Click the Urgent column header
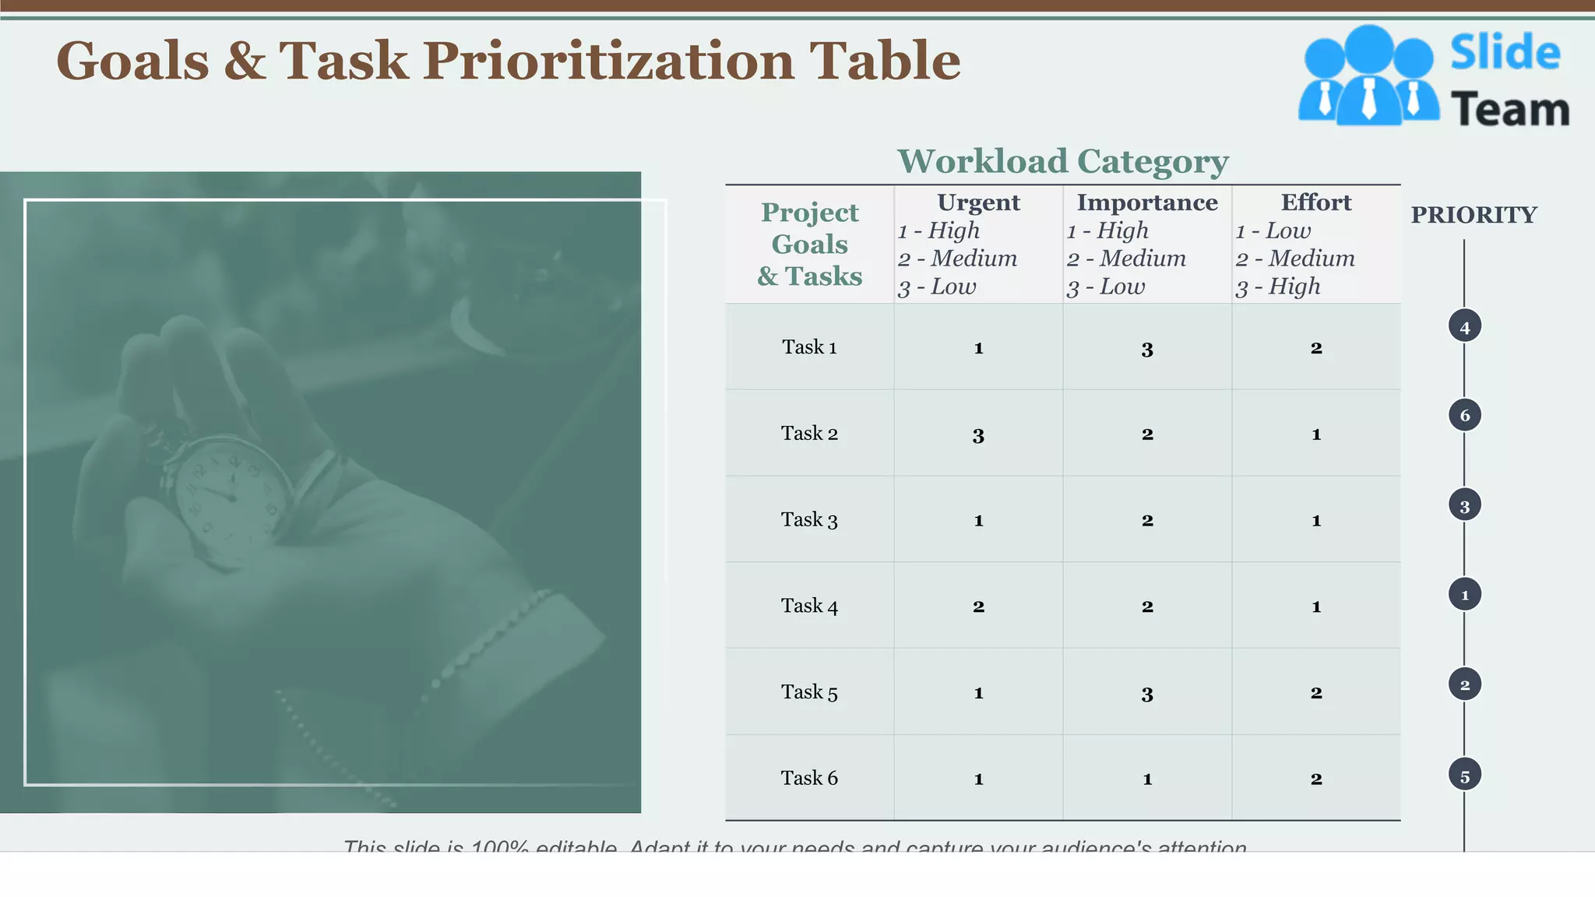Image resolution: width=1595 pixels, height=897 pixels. click(978, 202)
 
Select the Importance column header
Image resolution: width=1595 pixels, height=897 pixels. click(1146, 202)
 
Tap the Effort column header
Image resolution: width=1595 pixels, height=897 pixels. click(1315, 202)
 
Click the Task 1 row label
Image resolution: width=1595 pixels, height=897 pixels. click(809, 347)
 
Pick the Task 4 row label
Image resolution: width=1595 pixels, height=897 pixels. click(809, 606)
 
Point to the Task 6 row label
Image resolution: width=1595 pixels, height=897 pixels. click(809, 778)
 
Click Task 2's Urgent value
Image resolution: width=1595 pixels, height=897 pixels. click(978, 435)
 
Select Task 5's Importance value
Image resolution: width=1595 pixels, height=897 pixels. click(1146, 694)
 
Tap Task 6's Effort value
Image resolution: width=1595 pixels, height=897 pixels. click(1315, 779)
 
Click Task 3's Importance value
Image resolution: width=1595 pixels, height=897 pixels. click(1146, 521)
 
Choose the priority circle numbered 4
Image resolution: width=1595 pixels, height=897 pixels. click(1464, 327)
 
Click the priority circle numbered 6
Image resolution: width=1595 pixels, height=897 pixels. click(1464, 416)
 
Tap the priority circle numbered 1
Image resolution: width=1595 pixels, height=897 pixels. click(1464, 595)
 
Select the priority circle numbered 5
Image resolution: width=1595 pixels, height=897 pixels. click(1464, 776)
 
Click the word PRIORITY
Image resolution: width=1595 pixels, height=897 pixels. click(1474, 215)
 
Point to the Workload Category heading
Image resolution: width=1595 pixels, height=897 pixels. click(1062, 162)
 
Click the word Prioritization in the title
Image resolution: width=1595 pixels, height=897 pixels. click(608, 61)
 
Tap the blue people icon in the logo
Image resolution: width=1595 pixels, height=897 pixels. click(1368, 76)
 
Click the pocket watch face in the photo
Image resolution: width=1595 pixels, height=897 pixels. click(226, 498)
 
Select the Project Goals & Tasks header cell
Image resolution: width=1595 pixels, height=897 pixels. click(809, 244)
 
